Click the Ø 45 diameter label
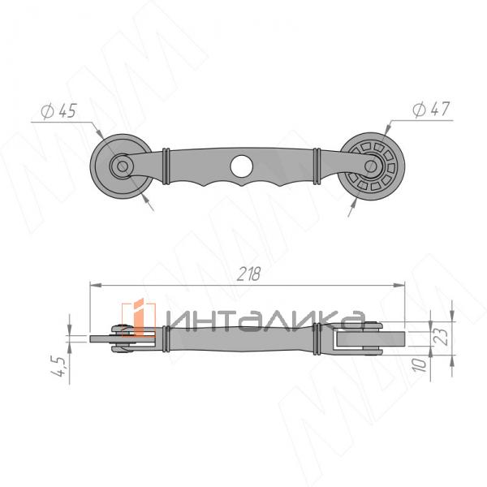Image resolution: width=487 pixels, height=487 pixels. coord(58,111)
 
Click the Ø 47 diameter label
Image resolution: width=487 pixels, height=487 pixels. coord(431,109)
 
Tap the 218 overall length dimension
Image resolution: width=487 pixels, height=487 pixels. coord(248,274)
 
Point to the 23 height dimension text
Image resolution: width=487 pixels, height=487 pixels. coord(442,337)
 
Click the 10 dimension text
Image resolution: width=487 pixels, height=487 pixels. coord(420,364)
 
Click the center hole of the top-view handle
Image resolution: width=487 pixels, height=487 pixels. coord(241,166)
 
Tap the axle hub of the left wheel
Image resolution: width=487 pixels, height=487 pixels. coord(122,166)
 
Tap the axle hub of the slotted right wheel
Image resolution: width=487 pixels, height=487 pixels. coord(370,166)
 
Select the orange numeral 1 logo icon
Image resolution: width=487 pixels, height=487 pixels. coord(138,317)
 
